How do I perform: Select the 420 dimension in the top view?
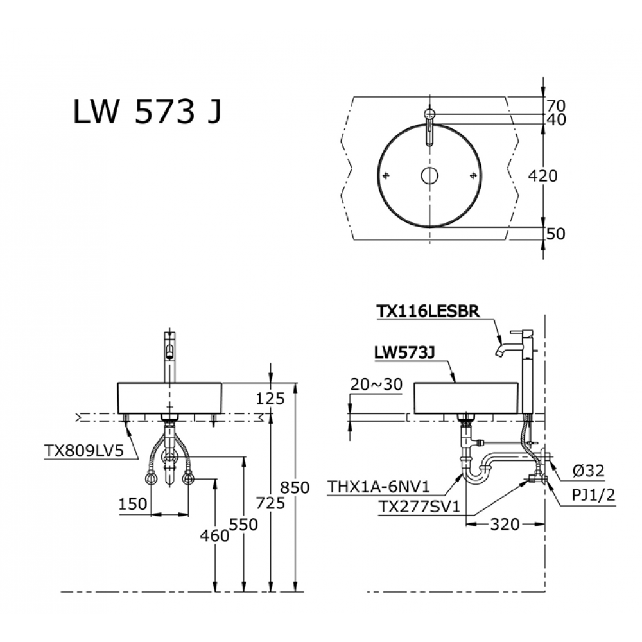(542, 175)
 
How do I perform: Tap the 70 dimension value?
(556, 105)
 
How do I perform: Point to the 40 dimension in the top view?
(556, 119)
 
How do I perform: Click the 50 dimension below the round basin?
(556, 234)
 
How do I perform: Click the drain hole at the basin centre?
(429, 175)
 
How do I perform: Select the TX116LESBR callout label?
(428, 311)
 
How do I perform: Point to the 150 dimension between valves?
(132, 504)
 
